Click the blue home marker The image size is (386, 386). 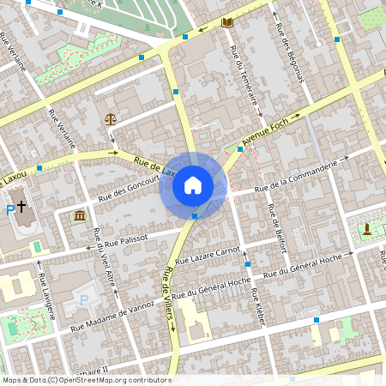(193, 185)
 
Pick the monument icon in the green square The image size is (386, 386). (367, 228)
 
